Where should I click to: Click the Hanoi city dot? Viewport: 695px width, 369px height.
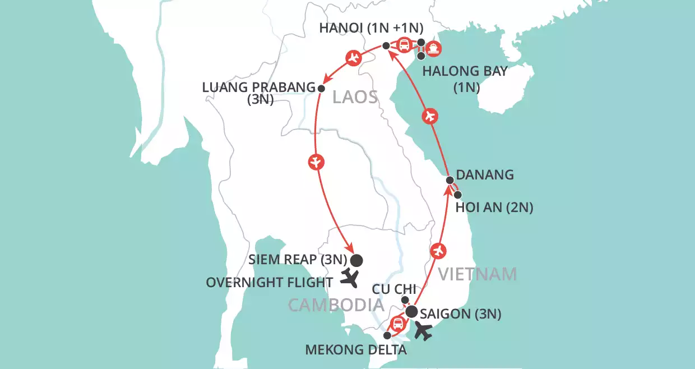click(386, 45)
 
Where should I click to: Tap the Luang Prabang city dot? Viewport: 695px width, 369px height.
click(321, 88)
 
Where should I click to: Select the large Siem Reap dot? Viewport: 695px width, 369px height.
click(356, 260)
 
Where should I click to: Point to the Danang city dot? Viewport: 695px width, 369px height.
click(450, 180)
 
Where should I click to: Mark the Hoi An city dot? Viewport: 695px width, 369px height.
click(458, 195)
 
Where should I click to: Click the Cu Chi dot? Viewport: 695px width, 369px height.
click(405, 300)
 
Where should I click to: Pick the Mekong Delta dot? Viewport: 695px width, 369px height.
click(387, 335)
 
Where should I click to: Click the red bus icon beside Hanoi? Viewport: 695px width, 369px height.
click(404, 44)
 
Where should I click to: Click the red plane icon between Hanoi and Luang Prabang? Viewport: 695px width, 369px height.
click(353, 57)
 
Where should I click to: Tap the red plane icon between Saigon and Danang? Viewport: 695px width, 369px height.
click(439, 250)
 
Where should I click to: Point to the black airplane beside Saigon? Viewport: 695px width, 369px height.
click(424, 332)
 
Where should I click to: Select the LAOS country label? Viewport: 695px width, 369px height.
click(355, 97)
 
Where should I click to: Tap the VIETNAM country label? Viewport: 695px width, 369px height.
click(477, 274)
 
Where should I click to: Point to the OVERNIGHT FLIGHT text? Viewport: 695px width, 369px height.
click(270, 282)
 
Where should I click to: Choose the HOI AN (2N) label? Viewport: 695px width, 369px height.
click(494, 208)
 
